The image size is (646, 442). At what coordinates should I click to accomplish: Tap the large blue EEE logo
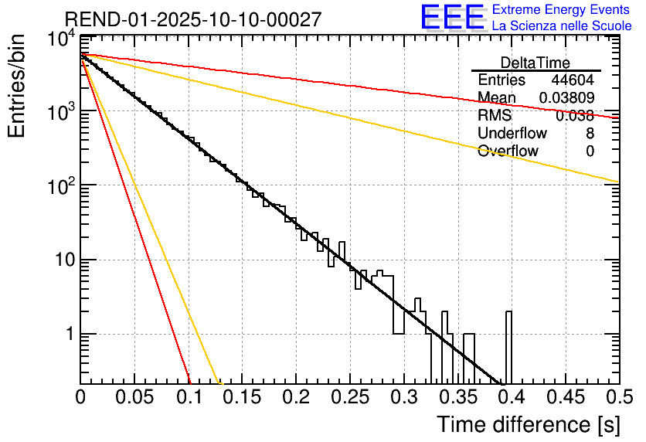452,18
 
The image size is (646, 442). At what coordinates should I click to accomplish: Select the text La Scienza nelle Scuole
562,25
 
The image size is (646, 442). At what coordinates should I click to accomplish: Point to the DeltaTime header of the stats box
535,62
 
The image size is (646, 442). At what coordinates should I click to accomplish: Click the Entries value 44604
573,80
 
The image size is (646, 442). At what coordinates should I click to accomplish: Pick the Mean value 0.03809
566,98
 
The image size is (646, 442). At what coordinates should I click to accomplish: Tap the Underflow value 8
590,134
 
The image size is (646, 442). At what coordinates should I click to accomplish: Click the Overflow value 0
590,151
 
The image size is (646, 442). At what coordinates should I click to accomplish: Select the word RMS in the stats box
495,116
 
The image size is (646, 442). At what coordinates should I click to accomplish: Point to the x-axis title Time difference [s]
528,424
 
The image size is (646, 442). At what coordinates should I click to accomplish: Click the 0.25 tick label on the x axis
350,397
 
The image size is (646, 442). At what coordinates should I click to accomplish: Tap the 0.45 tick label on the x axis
564,397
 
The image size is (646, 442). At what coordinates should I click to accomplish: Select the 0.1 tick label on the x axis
189,397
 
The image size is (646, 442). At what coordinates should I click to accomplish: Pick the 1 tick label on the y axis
68,335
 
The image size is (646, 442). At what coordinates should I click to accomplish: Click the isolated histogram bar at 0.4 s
509,348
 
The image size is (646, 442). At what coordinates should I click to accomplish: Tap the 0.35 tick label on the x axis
457,397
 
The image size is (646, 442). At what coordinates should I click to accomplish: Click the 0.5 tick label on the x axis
618,397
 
